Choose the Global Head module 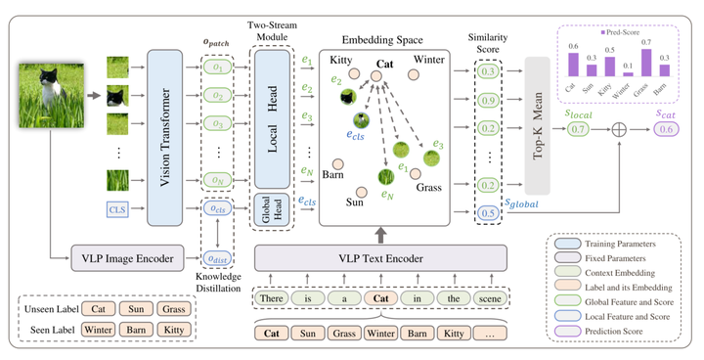[273, 212]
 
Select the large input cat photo [47, 99]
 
